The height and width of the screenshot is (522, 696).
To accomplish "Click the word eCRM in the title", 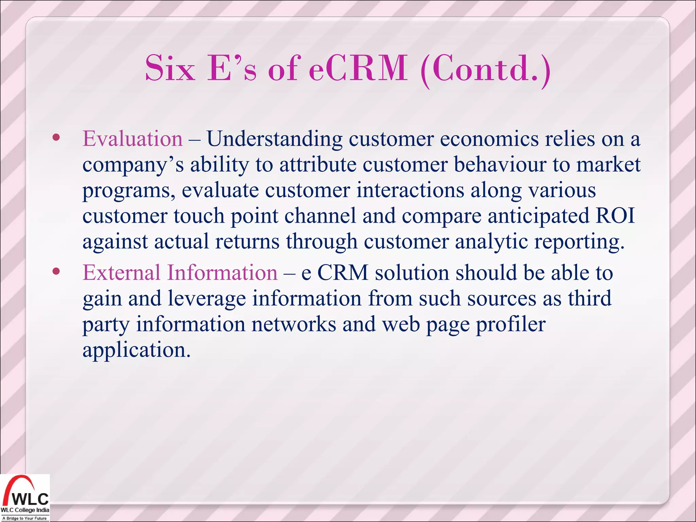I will (x=359, y=69).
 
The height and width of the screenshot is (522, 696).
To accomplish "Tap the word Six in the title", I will (x=170, y=69).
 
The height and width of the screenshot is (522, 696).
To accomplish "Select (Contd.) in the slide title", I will (x=485, y=70).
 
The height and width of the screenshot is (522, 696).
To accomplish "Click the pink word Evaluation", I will (x=133, y=139).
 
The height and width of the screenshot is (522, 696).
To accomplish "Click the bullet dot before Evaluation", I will (x=56, y=138).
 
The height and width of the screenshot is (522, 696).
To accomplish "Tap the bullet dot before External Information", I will (x=56, y=271).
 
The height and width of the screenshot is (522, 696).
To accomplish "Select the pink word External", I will (x=121, y=273).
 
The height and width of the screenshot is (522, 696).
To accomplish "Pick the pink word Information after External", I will (x=222, y=273).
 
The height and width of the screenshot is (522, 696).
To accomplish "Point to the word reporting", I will (x=579, y=242).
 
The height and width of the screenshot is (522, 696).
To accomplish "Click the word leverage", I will (x=207, y=299).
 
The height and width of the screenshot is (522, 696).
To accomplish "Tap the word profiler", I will (x=510, y=325).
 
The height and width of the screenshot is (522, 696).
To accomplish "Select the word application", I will (x=136, y=350).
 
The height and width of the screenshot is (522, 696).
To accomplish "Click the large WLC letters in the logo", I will (x=31, y=499).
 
